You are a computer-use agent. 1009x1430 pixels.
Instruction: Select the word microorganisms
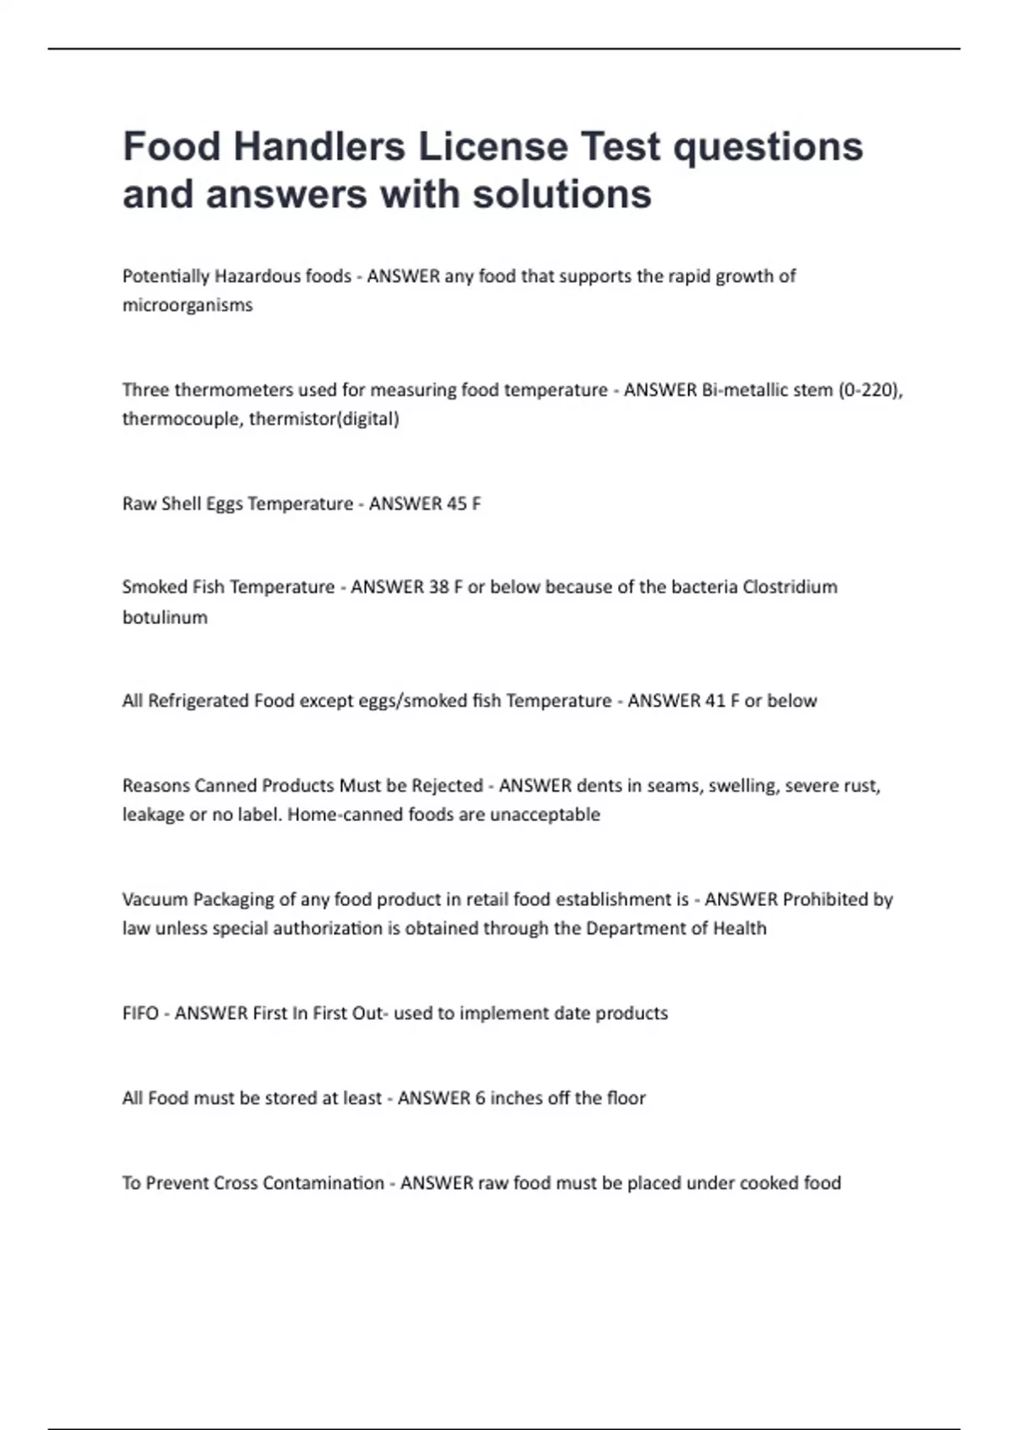(188, 305)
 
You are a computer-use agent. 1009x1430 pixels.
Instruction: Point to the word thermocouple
(181, 419)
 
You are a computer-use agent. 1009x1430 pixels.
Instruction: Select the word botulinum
(165, 617)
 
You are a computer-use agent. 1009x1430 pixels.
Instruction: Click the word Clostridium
(790, 587)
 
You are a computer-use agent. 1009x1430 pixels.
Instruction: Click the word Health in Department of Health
(740, 929)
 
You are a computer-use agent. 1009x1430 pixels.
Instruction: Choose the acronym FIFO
(140, 1014)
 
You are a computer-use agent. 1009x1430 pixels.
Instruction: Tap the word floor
(626, 1099)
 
